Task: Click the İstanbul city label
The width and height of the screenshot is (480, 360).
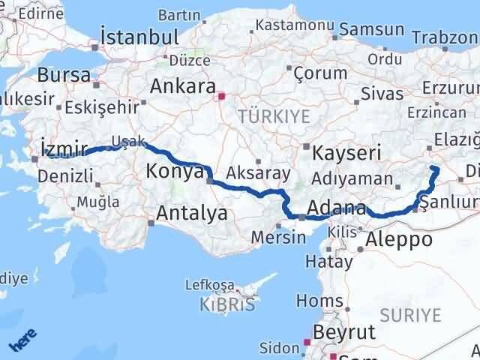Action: (x=141, y=37)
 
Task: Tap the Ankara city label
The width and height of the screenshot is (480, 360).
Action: (x=182, y=85)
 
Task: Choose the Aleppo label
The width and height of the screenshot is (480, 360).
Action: (x=400, y=239)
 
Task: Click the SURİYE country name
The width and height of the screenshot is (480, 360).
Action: (x=411, y=316)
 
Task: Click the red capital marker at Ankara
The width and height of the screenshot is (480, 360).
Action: (x=221, y=96)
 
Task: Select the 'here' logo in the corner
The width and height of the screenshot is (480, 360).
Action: (x=23, y=341)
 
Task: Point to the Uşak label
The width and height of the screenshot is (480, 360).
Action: (x=124, y=141)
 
